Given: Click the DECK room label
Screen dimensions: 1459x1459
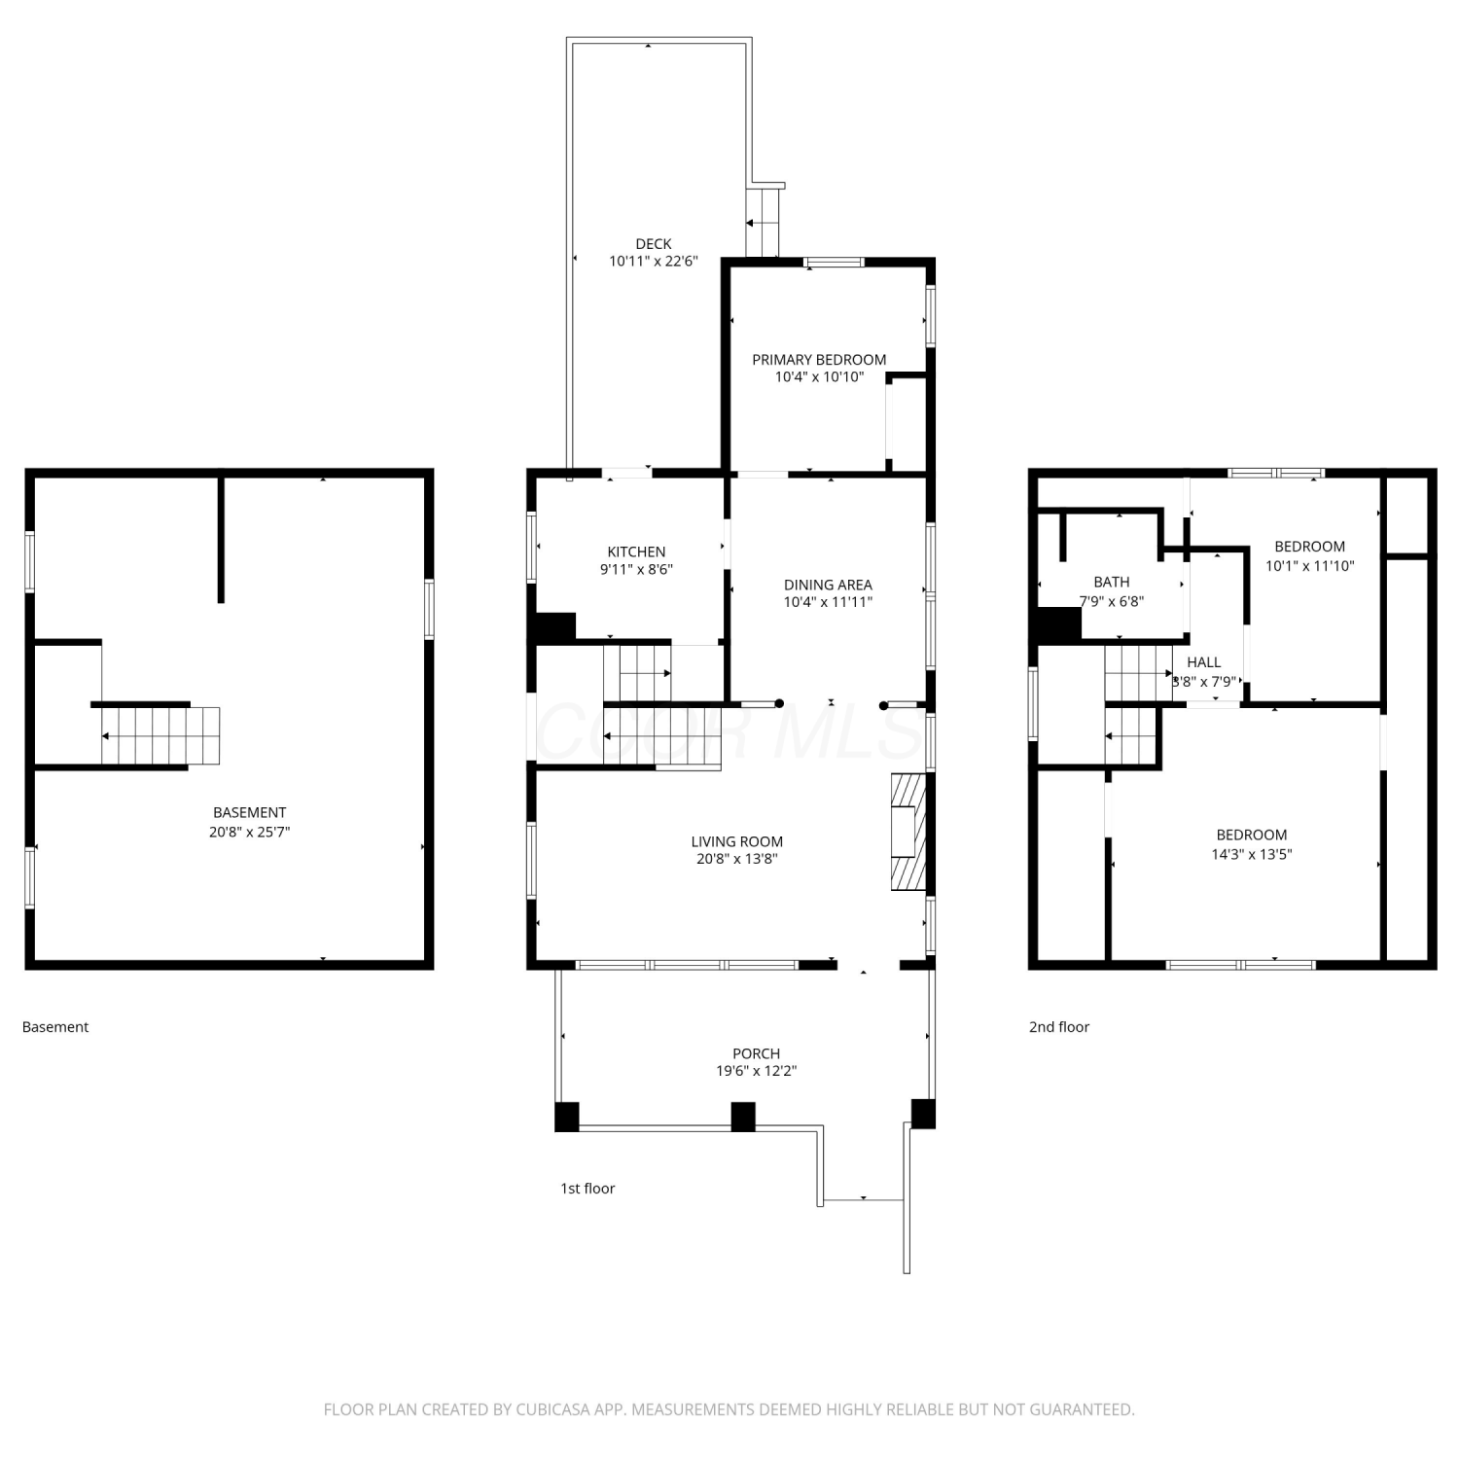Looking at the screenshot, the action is click(x=654, y=244).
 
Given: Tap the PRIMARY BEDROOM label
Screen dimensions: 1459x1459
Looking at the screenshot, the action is click(x=819, y=360).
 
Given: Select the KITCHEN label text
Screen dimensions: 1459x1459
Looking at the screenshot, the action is click(x=636, y=552).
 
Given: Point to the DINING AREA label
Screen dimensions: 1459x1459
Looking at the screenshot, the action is click(x=828, y=585).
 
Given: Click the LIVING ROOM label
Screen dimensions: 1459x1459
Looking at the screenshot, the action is click(x=736, y=841).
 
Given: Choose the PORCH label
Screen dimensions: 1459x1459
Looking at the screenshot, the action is click(x=756, y=1053).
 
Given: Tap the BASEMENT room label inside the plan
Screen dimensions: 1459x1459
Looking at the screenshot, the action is click(x=250, y=812).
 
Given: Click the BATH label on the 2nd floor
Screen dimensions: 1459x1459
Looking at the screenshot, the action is click(x=1112, y=582).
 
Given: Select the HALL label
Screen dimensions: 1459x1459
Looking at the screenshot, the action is click(x=1203, y=662).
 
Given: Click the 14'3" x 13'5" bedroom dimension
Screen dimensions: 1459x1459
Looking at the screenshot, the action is click(x=1252, y=854).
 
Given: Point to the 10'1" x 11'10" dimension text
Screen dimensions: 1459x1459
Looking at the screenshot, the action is click(x=1310, y=565).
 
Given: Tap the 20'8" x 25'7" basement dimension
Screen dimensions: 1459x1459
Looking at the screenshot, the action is click(x=250, y=832).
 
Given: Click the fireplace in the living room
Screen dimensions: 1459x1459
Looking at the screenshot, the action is click(x=907, y=832).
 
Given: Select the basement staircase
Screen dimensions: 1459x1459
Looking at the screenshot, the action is click(x=160, y=735).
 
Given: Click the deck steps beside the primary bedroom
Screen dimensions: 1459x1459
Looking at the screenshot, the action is click(x=763, y=223).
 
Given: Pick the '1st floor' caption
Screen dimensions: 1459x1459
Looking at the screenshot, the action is click(x=587, y=1189).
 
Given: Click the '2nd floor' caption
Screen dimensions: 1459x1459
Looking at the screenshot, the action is click(x=1059, y=1027).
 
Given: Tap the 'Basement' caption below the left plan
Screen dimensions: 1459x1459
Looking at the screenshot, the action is click(x=55, y=1027).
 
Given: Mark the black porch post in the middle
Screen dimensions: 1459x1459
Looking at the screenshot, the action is click(x=743, y=1117).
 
